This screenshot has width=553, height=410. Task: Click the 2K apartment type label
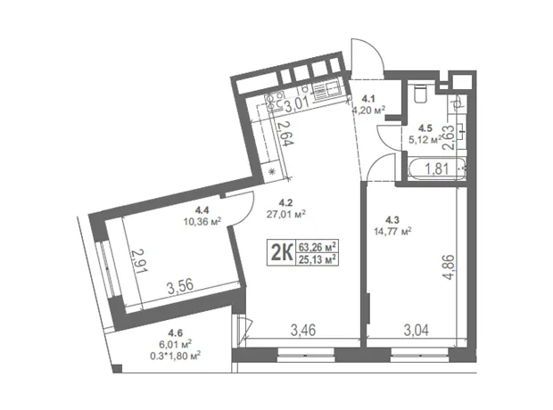coord(282,252)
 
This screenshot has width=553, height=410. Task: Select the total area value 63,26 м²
coord(317,246)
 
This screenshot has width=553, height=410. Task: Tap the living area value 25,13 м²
coord(317,259)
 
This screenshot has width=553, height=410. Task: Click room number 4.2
coord(285,202)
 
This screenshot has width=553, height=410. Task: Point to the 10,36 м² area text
coord(202,221)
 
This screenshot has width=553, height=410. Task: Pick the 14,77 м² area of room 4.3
coord(392,231)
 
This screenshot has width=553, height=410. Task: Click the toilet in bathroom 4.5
coord(420,93)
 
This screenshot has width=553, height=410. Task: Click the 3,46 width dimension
coord(303,331)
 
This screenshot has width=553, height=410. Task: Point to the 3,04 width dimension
coord(417,331)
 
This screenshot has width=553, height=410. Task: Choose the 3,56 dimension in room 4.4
coord(180,287)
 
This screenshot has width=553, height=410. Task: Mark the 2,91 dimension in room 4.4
coord(138,261)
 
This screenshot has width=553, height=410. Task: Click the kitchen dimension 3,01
coord(297,104)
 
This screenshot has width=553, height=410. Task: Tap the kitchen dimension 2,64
coord(285,134)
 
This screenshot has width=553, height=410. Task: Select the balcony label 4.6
coord(176,332)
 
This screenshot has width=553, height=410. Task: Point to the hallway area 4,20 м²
coord(368,110)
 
